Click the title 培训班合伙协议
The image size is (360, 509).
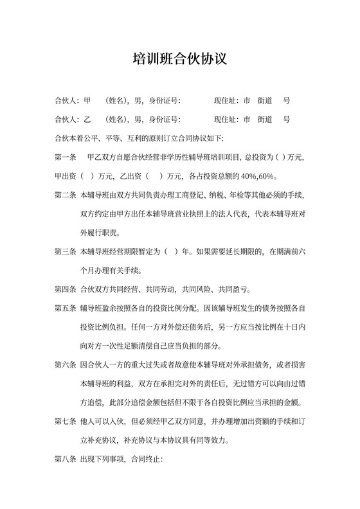click(179, 59)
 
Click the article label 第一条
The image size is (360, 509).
click(66, 157)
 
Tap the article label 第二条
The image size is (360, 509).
click(66, 194)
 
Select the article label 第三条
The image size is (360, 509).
click(66, 251)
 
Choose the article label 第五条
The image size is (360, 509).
click(66, 308)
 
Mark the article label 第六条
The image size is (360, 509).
click(66, 366)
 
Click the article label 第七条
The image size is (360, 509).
click(66, 423)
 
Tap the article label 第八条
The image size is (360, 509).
click(66, 461)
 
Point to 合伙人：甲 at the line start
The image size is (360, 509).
click(68, 101)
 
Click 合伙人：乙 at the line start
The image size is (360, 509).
click(68, 120)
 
